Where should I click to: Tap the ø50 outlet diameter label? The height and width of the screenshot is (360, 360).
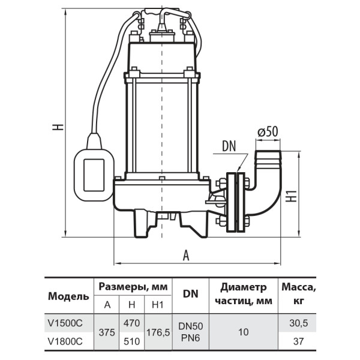pyautogui.click(x=268, y=132)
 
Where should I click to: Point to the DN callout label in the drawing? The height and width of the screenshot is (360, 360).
pyautogui.click(x=229, y=146)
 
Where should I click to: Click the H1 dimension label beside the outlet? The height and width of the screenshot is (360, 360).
pyautogui.click(x=291, y=196)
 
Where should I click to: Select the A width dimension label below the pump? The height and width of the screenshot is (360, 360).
pyautogui.click(x=186, y=256)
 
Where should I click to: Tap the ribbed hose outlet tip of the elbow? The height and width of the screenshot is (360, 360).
pyautogui.click(x=268, y=158)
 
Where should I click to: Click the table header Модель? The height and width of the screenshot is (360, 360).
pyautogui.click(x=68, y=296)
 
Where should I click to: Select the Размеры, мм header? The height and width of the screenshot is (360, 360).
pyautogui.click(x=133, y=287)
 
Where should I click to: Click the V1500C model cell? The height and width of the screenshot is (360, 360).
pyautogui.click(x=65, y=323)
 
